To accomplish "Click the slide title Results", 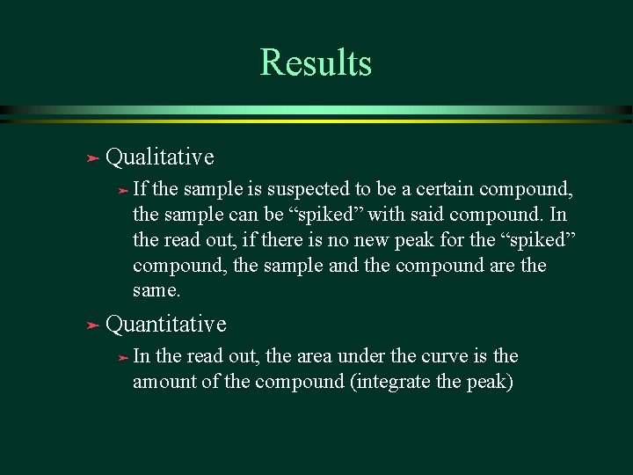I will pyautogui.click(x=316, y=63).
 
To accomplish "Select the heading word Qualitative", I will pyautogui.click(x=159, y=157).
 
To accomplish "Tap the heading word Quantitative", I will pyautogui.click(x=165, y=325).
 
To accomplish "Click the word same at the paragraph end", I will pyautogui.click(x=156, y=290).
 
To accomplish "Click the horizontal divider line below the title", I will pyautogui.click(x=316, y=113).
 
